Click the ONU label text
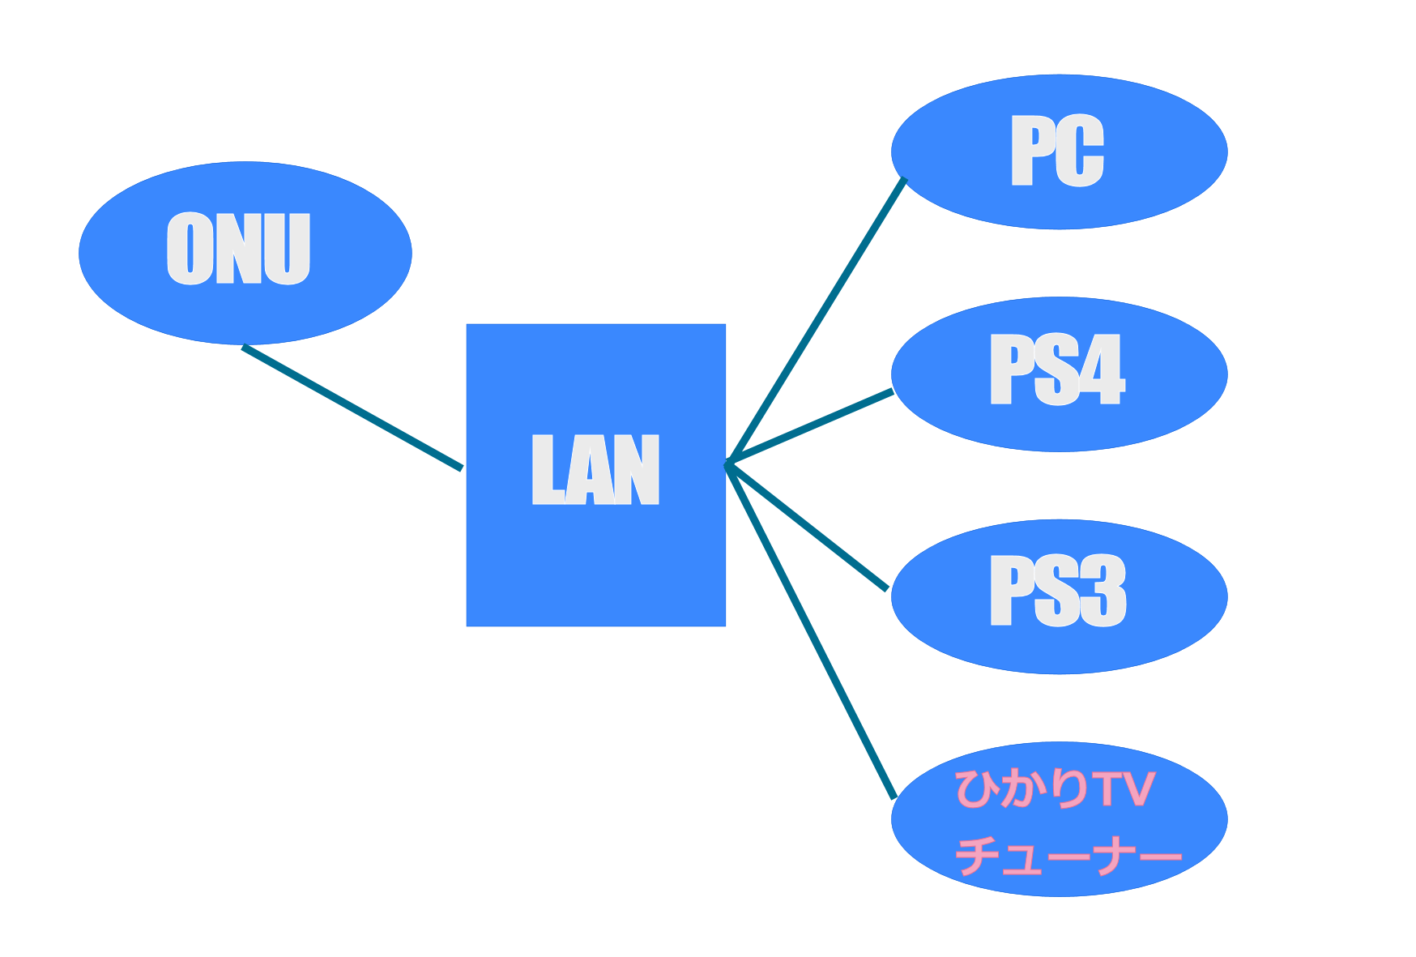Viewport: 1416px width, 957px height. point(238,249)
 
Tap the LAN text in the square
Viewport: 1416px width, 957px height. point(595,469)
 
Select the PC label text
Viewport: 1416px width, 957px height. point(1057,151)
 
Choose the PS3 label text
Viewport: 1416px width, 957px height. point(1057,591)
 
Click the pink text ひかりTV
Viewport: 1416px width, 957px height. point(1055,788)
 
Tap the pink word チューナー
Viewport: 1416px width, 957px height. point(1068,854)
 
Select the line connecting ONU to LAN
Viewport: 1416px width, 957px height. point(352,408)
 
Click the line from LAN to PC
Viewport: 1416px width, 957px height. point(817,320)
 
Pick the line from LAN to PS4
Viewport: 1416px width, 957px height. point(810,427)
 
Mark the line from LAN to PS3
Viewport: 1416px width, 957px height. point(807,527)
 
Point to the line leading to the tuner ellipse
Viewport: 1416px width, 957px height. point(810,630)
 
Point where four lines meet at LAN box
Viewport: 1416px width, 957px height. point(728,464)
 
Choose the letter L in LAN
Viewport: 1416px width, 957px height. point(547,469)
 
